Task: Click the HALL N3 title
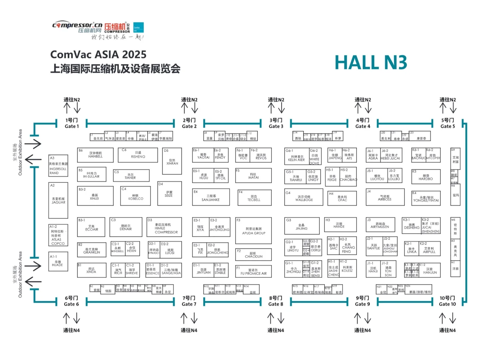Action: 371,62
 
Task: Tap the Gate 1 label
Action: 72,123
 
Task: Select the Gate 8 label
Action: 275,301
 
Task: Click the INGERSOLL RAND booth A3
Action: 58,166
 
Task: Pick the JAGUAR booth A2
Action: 58,200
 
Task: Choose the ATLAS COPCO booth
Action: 58,235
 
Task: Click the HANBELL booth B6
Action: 96,155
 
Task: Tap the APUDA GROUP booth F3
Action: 253,231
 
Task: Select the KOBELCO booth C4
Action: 136,196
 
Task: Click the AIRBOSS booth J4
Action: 385,197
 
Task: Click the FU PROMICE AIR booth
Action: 253,271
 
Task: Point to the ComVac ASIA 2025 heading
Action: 98,54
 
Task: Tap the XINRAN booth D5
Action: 172,162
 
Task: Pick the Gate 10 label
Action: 447,301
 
